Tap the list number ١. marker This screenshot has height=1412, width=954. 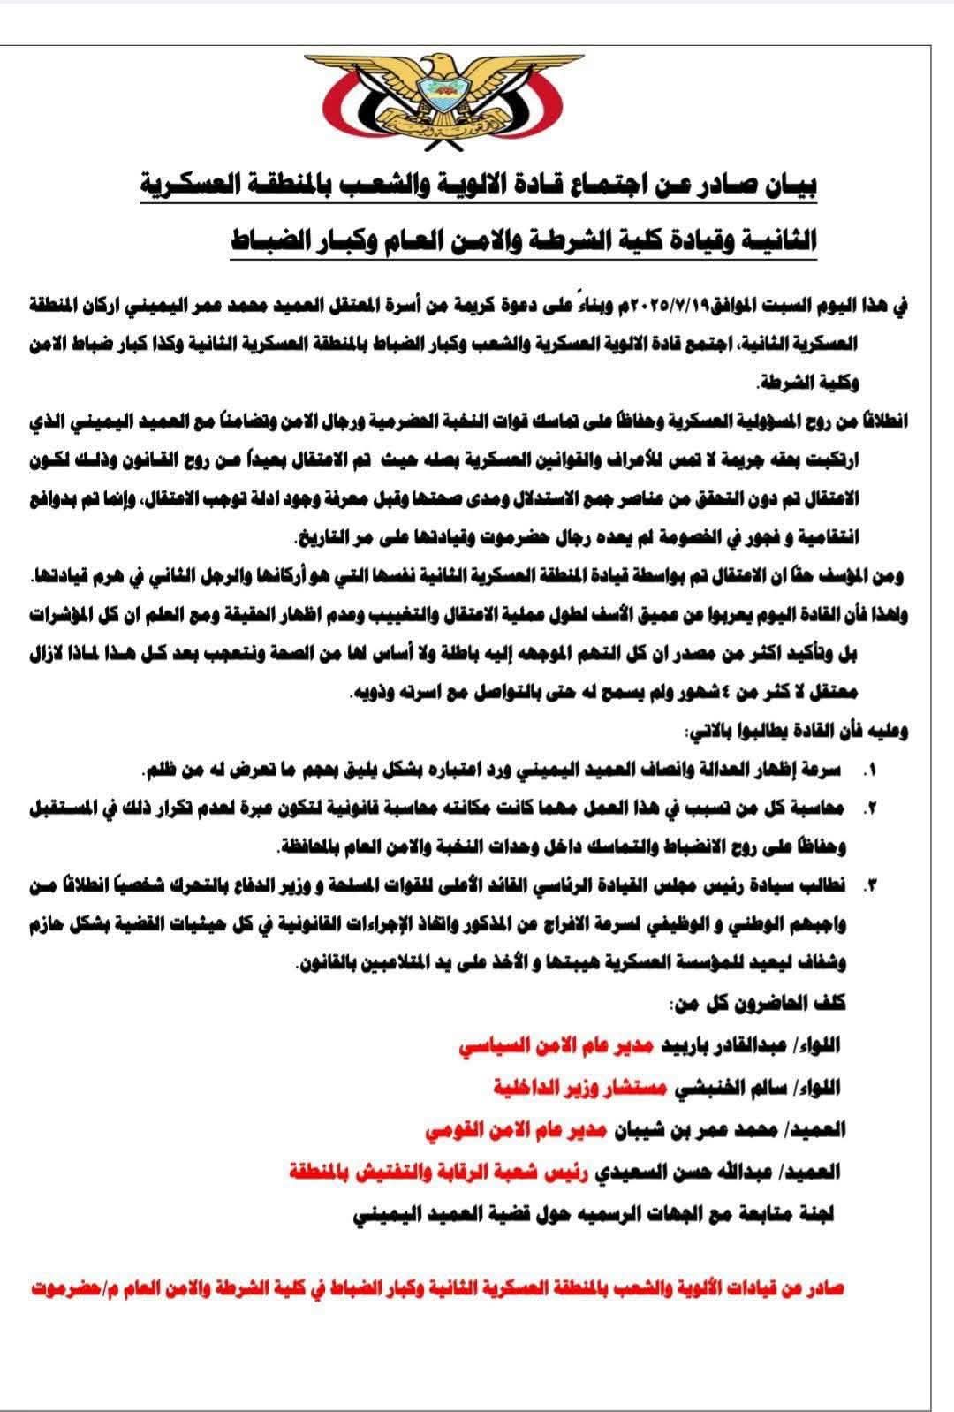click(x=870, y=771)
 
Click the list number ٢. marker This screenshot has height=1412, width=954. click(x=870, y=808)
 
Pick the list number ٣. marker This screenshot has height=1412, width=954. click(x=870, y=885)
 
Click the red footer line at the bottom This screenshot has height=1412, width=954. click(x=436, y=1288)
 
